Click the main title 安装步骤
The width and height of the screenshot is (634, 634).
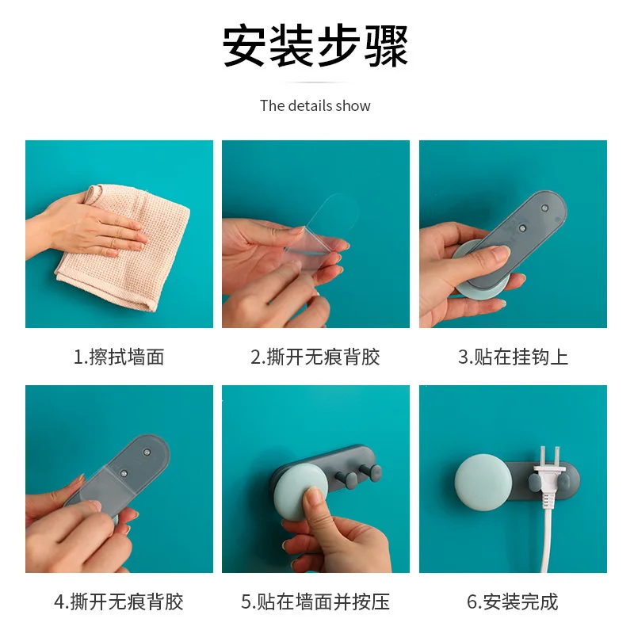pyautogui.click(x=315, y=45)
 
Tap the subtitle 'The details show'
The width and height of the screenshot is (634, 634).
pyautogui.click(x=315, y=105)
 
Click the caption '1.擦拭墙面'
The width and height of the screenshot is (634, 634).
pyautogui.click(x=119, y=357)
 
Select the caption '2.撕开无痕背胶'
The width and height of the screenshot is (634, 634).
pyautogui.click(x=315, y=357)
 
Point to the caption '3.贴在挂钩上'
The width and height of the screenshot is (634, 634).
pyautogui.click(x=513, y=357)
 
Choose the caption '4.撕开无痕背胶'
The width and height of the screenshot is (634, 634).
pyautogui.click(x=119, y=602)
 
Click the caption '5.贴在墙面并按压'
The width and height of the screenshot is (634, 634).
pyautogui.click(x=315, y=602)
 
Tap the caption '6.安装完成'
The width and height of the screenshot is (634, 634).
pyautogui.click(x=513, y=602)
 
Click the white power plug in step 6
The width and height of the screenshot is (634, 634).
pyautogui.click(x=547, y=479)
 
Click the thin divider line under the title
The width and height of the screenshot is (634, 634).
pyautogui.click(x=315, y=82)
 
